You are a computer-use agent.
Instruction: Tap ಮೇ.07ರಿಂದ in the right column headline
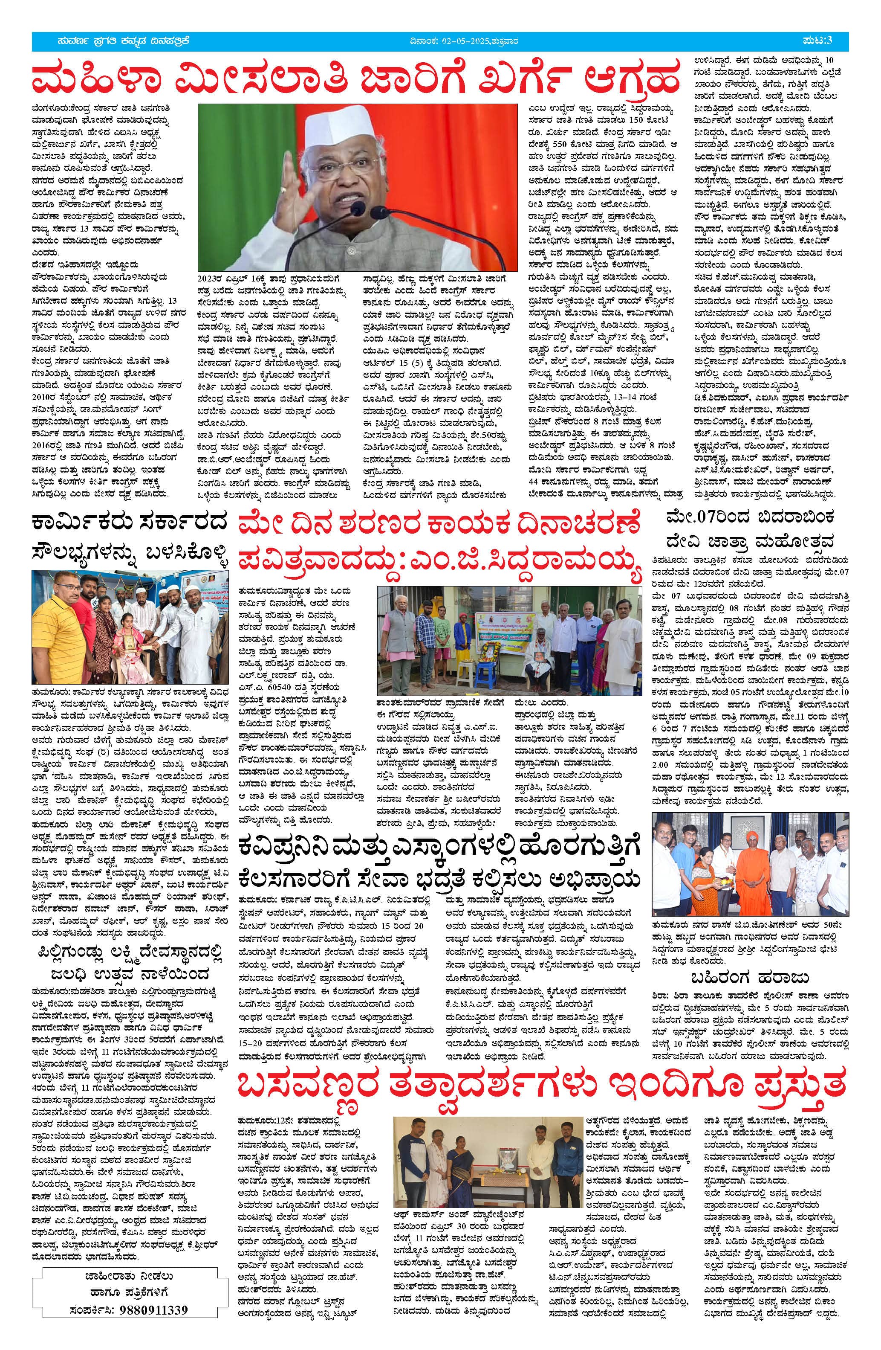(x=704, y=518)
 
